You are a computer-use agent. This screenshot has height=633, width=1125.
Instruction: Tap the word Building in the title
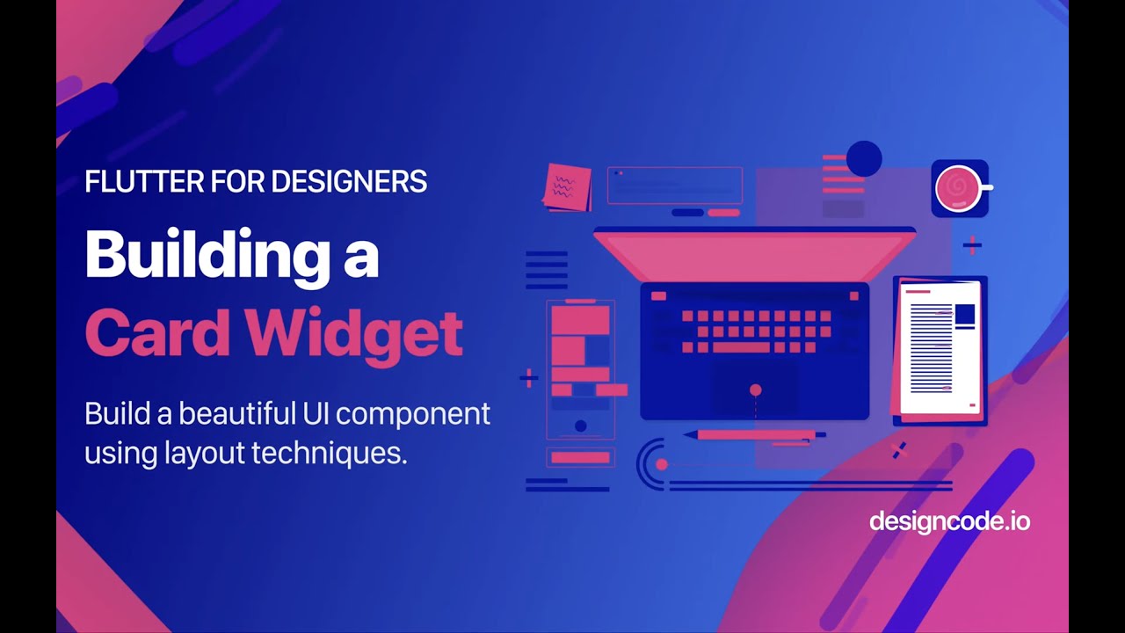tap(201, 254)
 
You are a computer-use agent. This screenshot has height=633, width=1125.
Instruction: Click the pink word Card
tap(157, 334)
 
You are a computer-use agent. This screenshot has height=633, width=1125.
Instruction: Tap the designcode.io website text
tap(949, 521)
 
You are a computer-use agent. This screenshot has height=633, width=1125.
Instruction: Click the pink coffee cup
tap(958, 188)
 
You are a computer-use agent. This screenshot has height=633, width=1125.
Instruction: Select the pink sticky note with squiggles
tap(567, 186)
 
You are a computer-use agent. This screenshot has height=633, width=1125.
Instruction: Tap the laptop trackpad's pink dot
tap(755, 389)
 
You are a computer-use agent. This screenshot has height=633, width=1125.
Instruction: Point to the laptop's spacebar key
tap(741, 347)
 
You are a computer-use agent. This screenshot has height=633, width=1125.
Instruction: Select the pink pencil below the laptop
tap(756, 434)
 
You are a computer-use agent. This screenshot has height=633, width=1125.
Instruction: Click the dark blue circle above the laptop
tap(864, 158)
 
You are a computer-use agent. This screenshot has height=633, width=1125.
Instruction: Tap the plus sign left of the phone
tap(528, 379)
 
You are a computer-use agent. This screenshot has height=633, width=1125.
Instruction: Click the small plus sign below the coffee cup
tap(971, 245)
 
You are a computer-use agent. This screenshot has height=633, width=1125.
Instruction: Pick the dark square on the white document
tap(964, 316)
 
